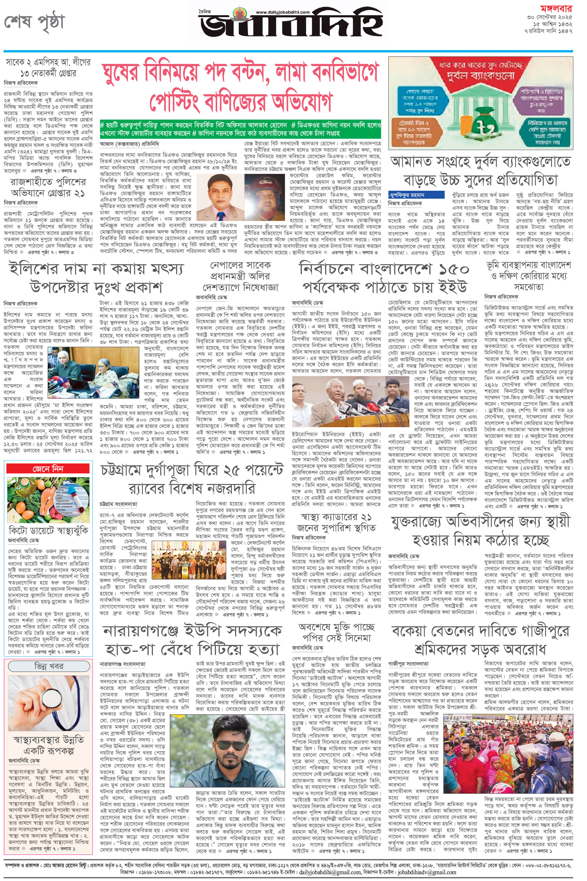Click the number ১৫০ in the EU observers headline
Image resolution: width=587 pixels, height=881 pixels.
[453, 270]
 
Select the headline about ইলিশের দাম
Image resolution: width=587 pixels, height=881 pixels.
[96, 278]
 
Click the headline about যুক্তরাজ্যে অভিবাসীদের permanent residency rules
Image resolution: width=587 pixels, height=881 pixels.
[480, 531]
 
